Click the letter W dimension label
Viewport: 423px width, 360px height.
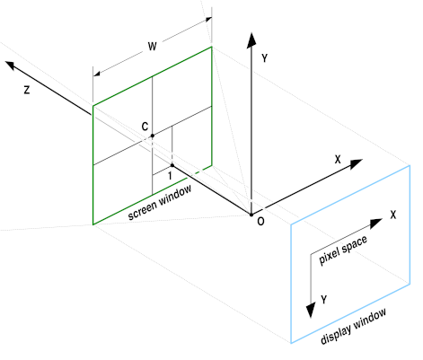pyautogui.click(x=153, y=46)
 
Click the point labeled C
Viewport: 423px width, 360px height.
pyautogui.click(x=153, y=136)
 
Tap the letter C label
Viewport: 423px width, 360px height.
pyautogui.click(x=145, y=127)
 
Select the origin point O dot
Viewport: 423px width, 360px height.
pyautogui.click(x=251, y=215)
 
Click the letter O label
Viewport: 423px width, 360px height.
pyautogui.click(x=260, y=222)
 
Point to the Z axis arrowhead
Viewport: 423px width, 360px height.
pyautogui.click(x=11, y=66)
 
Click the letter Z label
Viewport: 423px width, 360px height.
pyautogui.click(x=27, y=90)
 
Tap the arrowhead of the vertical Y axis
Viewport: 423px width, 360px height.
pyautogui.click(x=251, y=40)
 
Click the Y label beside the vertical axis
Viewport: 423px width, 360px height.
pyautogui.click(x=264, y=58)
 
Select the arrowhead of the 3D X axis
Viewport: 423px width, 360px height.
pyautogui.click(x=357, y=163)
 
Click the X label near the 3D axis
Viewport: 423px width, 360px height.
pyautogui.click(x=338, y=159)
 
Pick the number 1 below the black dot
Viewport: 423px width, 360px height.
pyautogui.click(x=170, y=176)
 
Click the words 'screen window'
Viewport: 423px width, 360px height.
pyautogui.click(x=160, y=203)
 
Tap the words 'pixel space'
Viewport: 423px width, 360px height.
pyautogui.click(x=343, y=250)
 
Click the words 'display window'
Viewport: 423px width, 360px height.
pyautogui.click(x=353, y=326)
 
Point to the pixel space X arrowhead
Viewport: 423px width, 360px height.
pyautogui.click(x=376, y=223)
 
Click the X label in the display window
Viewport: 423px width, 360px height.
pyautogui.click(x=393, y=215)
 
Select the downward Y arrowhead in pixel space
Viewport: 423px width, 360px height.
pyautogui.click(x=311, y=310)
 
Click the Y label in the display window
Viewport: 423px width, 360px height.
pyautogui.click(x=324, y=299)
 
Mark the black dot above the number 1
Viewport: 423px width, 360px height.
pyautogui.click(x=172, y=165)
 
